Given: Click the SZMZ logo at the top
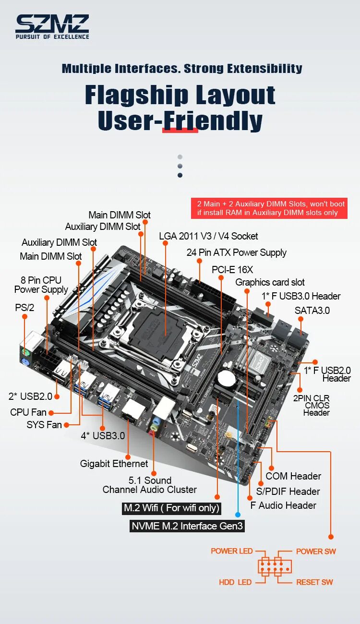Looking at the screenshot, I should click(52, 26).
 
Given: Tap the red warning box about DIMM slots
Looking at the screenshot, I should click(269, 208).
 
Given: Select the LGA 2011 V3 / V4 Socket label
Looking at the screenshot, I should click(208, 236).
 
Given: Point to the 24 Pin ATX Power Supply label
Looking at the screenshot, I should click(236, 252).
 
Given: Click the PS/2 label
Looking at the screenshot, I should click(24, 308).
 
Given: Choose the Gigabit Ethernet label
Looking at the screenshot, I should click(114, 464).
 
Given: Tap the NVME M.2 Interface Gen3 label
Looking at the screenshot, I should click(187, 526).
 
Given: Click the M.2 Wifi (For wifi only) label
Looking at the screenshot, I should click(171, 508).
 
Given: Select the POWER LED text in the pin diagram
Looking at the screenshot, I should click(231, 551).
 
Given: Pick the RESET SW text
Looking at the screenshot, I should click(314, 582).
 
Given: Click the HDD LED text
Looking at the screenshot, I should click(235, 582).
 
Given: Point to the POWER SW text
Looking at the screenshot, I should click(316, 551).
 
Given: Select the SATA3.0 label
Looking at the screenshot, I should click(312, 311).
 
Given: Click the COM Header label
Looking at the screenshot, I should click(293, 476).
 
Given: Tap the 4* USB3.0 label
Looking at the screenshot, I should click(103, 436).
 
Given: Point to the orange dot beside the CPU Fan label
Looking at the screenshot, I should click(51, 412).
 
